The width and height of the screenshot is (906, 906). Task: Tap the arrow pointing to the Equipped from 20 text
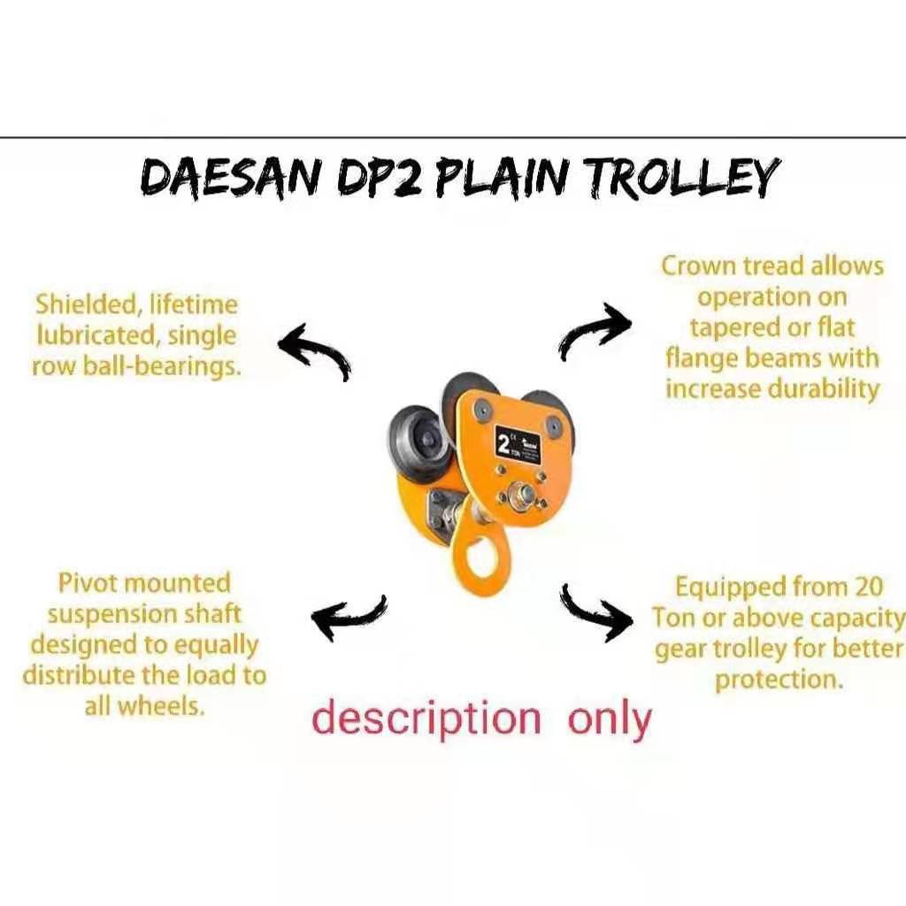(596, 608)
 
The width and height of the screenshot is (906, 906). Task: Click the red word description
(426, 718)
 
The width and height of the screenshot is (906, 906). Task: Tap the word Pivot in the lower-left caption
(88, 584)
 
